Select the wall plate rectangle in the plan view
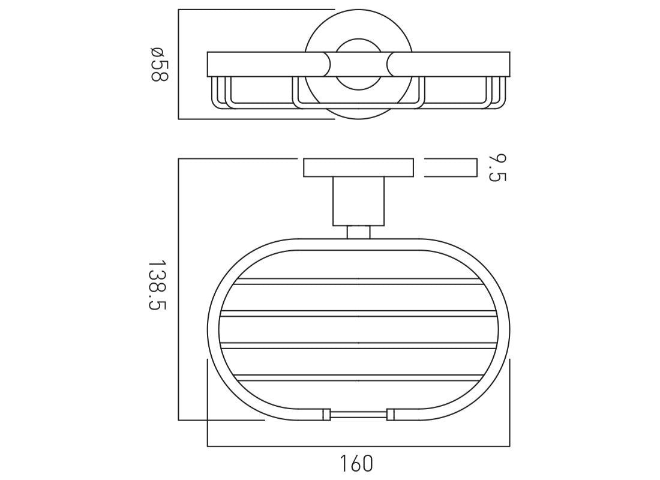coord(358,168)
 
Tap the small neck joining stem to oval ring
coord(359,232)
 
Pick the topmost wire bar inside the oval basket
coord(359,281)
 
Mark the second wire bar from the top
coord(359,313)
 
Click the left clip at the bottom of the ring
coord(326,413)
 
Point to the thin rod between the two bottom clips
coord(359,413)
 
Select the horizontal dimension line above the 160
coord(359,446)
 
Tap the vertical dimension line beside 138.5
coord(179,289)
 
